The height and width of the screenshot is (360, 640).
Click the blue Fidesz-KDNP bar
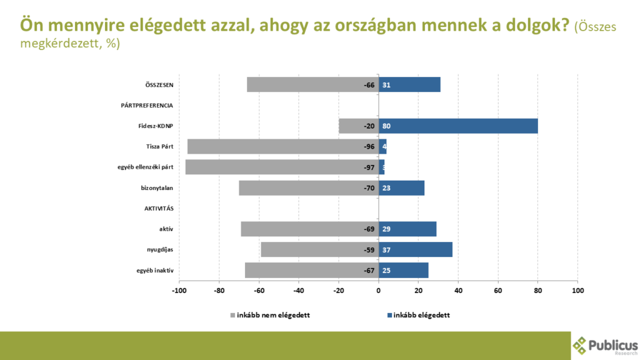(458, 126)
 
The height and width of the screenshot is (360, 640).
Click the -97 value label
(369, 167)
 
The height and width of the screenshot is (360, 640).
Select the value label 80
(386, 126)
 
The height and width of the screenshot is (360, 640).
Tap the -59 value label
(369, 250)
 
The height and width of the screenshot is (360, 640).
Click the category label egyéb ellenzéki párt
(145, 167)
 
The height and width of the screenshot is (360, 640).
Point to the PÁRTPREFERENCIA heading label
(146, 106)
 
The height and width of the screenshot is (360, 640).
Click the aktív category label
(166, 229)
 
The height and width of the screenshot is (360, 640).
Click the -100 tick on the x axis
(179, 291)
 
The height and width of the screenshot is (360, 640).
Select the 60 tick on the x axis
(498, 291)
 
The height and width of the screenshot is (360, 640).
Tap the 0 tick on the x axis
(379, 291)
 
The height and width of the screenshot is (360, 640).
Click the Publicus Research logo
(605, 345)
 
